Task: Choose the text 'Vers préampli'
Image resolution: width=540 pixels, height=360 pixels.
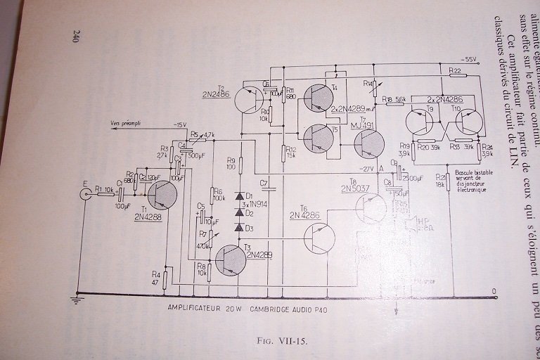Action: pos(126,123)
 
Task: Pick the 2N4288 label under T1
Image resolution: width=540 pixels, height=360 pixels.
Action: pos(147,217)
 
